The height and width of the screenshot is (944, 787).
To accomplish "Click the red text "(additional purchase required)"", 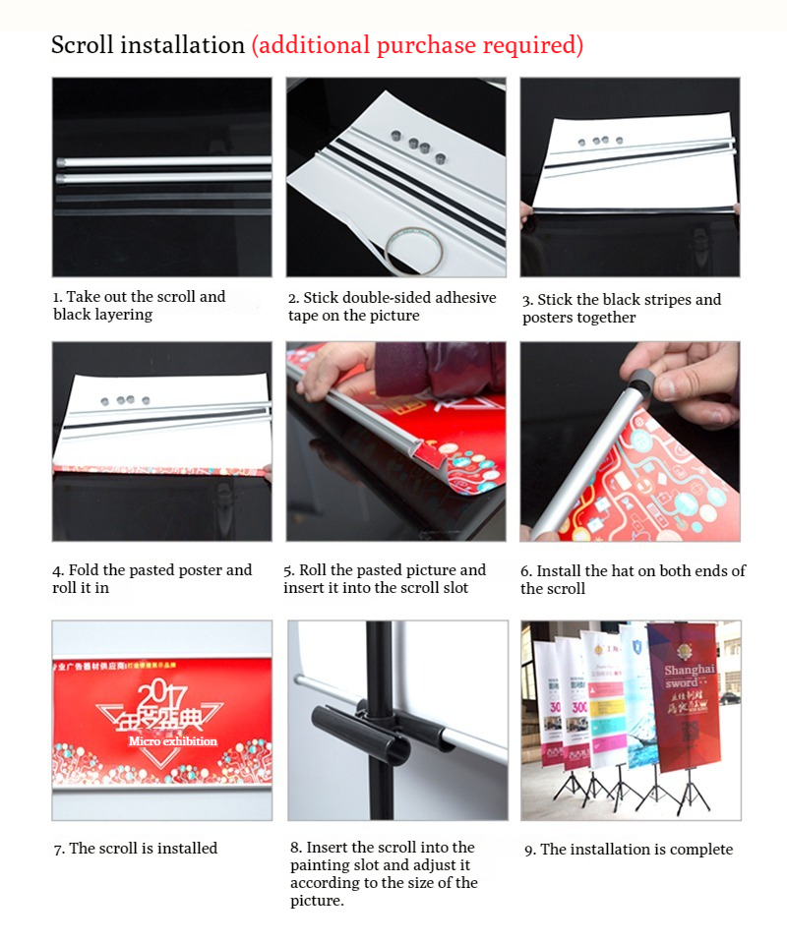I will [417, 45].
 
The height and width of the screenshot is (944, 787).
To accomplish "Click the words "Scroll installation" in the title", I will [148, 45].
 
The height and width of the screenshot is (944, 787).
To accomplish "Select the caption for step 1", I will [139, 306].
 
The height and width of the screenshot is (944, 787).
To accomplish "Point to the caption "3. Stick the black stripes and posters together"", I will [621, 308].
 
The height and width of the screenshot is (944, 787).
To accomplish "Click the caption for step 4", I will [151, 579].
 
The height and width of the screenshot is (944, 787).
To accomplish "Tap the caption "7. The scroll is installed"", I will [136, 848].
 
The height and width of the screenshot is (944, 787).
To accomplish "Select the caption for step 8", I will [384, 873].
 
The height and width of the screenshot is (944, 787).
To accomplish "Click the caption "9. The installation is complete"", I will [628, 849].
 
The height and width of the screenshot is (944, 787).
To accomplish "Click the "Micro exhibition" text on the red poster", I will [172, 740].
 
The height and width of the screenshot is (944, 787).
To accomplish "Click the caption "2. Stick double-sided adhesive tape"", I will [392, 306].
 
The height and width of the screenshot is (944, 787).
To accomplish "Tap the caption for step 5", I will [384, 579].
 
